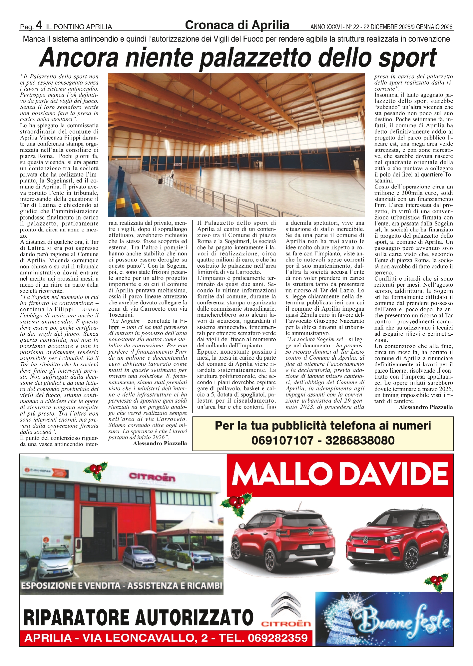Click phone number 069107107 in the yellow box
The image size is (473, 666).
282,441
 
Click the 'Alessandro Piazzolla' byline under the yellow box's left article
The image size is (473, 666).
160,444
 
